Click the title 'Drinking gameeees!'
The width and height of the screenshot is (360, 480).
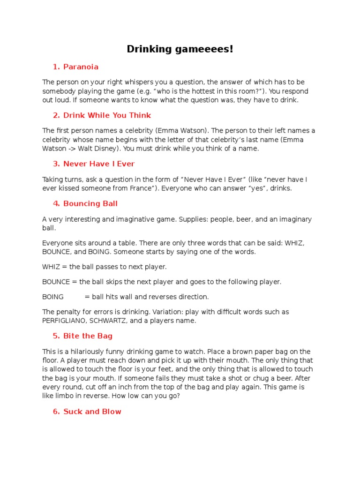tap(180, 49)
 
